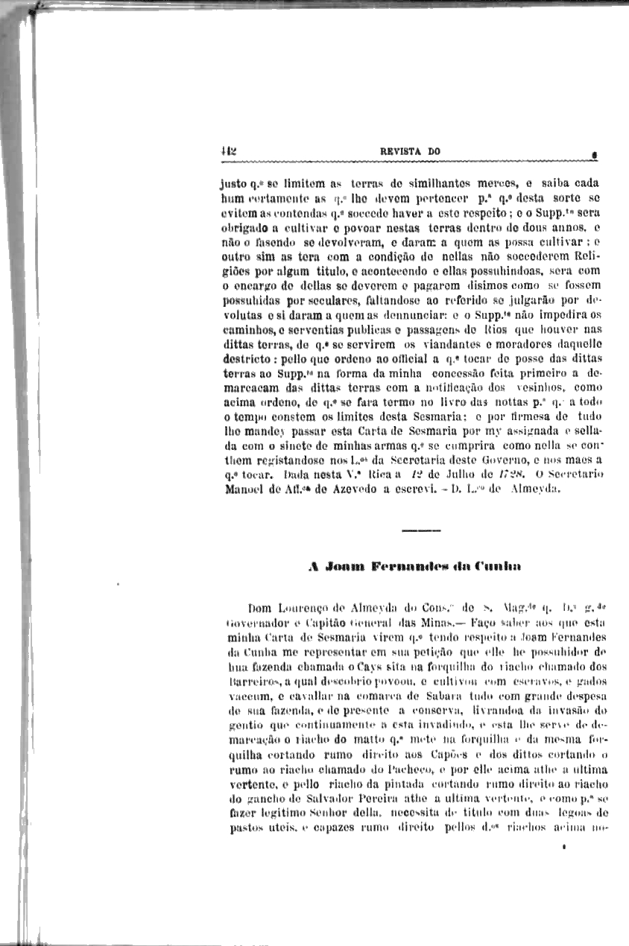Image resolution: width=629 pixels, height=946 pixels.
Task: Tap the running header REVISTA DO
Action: tap(410, 152)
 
